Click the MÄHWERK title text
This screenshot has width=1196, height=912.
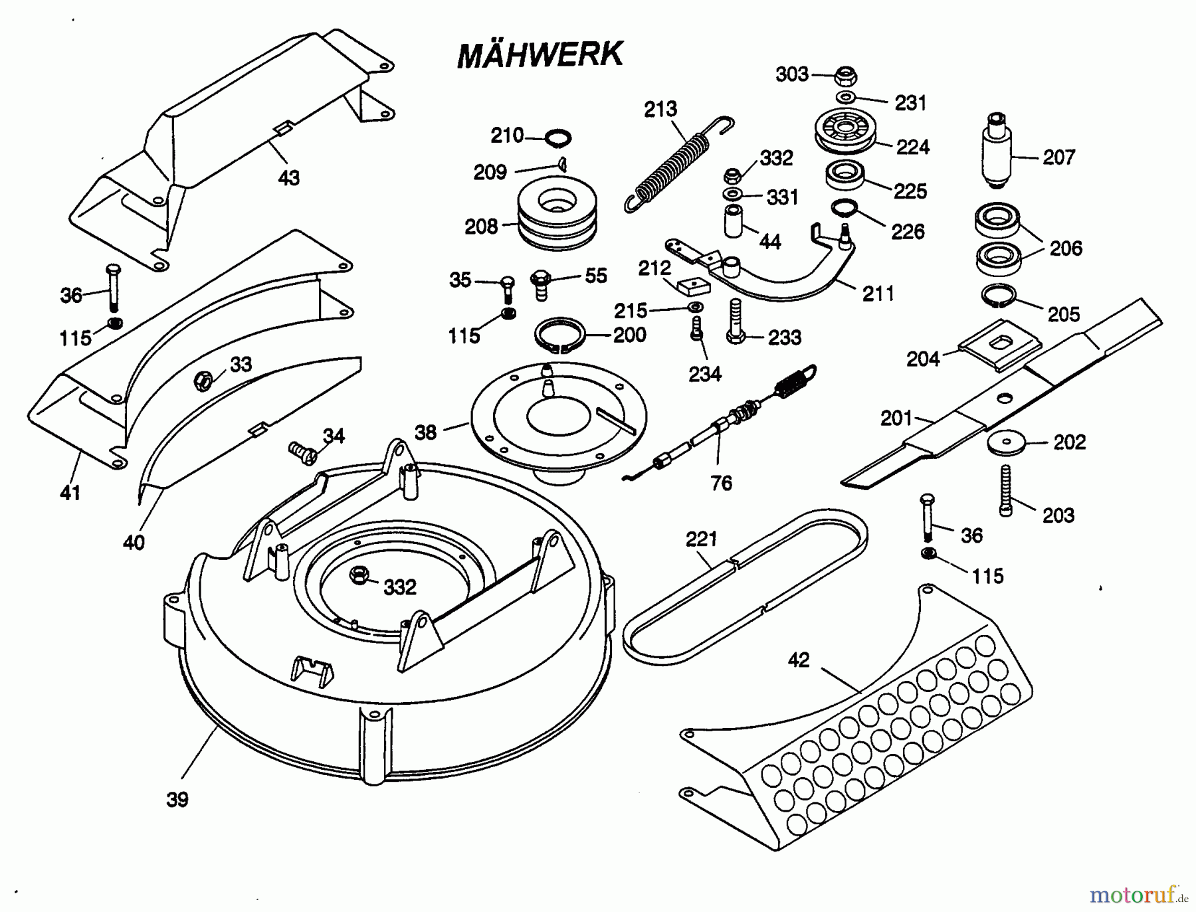[x=540, y=54]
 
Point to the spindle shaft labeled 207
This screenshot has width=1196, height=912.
[x=996, y=155]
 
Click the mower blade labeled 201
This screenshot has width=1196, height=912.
[x=997, y=399]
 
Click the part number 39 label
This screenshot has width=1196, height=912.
[x=177, y=800]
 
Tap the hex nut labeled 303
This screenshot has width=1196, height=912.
[x=845, y=75]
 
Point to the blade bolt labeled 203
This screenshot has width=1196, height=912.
[x=1006, y=491]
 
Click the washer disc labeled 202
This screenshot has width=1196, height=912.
[x=1006, y=444]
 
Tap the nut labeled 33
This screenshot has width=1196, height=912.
[x=203, y=381]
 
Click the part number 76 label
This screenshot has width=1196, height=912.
[x=721, y=483]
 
